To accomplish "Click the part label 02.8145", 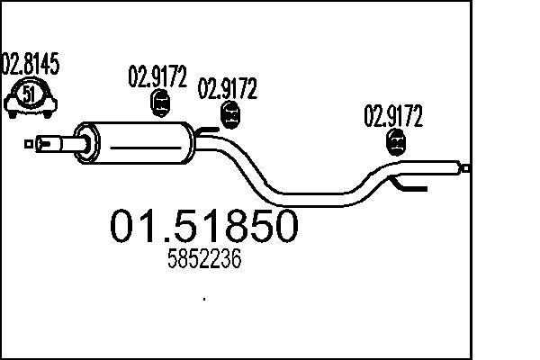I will [31, 65].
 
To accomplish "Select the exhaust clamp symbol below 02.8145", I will [30, 97].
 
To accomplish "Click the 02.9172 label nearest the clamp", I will [157, 77].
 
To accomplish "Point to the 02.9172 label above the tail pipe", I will [392, 115].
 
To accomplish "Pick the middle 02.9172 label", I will [228, 89].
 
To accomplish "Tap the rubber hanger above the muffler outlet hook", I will [230, 115].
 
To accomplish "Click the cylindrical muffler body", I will [144, 142].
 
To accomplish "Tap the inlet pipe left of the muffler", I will [58, 142].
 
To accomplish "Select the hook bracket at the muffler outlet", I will [209, 135].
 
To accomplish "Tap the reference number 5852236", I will [205, 260].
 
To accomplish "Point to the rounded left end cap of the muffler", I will [83, 142].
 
